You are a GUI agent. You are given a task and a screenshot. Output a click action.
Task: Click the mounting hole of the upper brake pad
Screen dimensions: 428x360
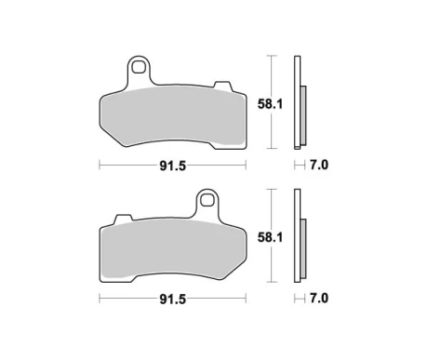click(x=139, y=66)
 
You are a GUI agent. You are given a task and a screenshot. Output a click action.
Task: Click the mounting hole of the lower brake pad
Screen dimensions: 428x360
click(x=207, y=199)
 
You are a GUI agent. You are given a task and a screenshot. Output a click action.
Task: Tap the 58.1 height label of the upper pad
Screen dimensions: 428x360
click(x=270, y=104)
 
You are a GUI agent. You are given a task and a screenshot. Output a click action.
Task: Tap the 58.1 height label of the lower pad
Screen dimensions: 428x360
click(x=270, y=237)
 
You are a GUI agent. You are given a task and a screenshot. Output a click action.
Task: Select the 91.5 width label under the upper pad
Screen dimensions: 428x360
click(x=172, y=167)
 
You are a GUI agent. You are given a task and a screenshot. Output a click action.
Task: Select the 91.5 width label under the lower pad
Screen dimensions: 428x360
click(x=172, y=300)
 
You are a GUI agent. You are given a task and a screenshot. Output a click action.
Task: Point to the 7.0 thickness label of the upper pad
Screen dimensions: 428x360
click(x=319, y=165)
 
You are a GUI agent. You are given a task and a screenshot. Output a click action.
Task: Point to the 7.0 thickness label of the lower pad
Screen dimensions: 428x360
click(x=319, y=299)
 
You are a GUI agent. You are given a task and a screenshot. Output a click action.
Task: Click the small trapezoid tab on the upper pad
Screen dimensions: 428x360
click(x=222, y=86)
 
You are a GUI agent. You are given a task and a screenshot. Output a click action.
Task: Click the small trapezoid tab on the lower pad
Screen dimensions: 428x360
click(x=123, y=219)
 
